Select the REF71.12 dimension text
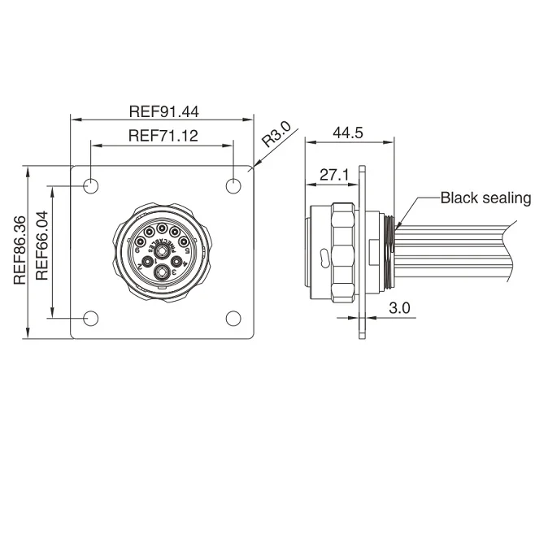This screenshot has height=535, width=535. pyautogui.click(x=163, y=137)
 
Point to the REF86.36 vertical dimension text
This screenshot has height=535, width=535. pyautogui.click(x=21, y=250)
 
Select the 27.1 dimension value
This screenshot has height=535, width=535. pyautogui.click(x=334, y=174)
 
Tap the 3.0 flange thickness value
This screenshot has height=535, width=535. pyautogui.click(x=398, y=308)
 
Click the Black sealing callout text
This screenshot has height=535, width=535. pyautogui.click(x=485, y=198)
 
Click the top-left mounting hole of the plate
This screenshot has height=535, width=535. pyautogui.click(x=91, y=186)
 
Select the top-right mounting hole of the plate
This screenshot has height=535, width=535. pyautogui.click(x=235, y=186)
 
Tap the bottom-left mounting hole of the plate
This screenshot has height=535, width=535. pyautogui.click(x=91, y=319)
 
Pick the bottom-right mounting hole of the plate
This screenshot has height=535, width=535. pyautogui.click(x=235, y=319)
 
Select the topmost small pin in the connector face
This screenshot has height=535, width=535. pyautogui.click(x=163, y=229)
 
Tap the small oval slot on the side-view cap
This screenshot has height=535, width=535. pyautogui.click(x=324, y=259)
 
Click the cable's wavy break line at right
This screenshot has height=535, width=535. pyautogui.click(x=510, y=252)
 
